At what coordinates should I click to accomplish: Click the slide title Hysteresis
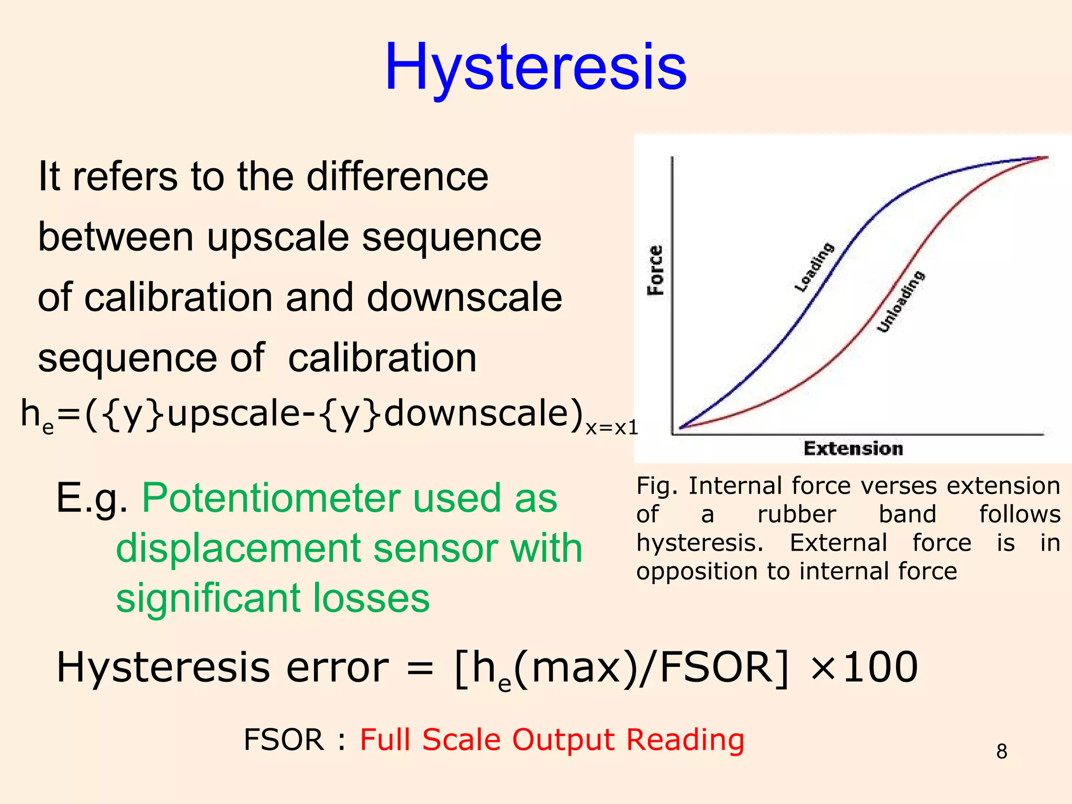(535, 68)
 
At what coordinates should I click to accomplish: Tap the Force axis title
(655, 270)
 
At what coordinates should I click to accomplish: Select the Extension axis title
(853, 449)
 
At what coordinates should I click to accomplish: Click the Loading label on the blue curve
(814, 267)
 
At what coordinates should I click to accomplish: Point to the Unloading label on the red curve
(901, 302)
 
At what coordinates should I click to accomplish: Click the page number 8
(1001, 752)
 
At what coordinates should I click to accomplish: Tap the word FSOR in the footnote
(284, 740)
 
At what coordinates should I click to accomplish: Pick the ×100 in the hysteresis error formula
(864, 667)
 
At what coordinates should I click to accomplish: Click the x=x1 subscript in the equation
(611, 428)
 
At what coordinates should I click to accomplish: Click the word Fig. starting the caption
(657, 486)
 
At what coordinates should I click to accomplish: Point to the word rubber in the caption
(796, 514)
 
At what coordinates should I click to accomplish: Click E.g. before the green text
(92, 498)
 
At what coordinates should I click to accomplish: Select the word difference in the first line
(397, 176)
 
